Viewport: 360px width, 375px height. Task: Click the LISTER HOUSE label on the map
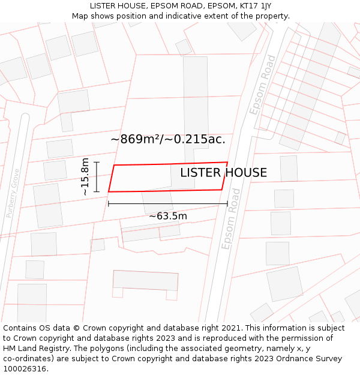tap(223, 173)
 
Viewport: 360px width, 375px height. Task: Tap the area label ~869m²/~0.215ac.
tap(168, 139)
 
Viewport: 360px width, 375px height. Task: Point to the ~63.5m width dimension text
tap(168, 216)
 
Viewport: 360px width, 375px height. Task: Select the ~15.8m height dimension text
tap(85, 176)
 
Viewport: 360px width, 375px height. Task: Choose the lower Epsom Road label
tap(231, 219)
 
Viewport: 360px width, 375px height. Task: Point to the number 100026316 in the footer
tap(25, 369)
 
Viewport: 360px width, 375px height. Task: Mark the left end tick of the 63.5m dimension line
tap(109, 204)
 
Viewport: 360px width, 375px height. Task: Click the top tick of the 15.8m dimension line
tap(97, 163)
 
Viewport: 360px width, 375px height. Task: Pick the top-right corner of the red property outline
tap(227, 163)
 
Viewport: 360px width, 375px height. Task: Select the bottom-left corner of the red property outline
tap(109, 192)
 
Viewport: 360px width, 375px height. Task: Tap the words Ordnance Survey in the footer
tap(310, 359)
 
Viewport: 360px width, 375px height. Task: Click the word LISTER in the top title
tap(103, 5)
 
